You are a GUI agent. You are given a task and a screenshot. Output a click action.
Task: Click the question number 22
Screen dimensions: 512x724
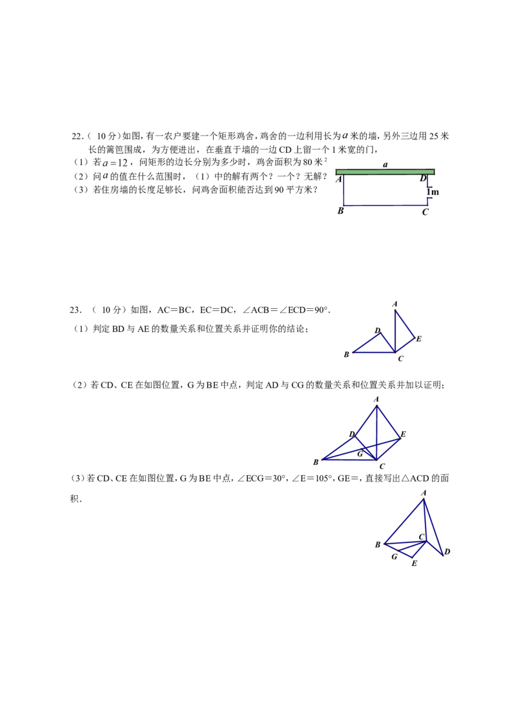[x=77, y=136]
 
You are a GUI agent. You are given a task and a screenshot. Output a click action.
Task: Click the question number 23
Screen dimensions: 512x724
[x=76, y=310]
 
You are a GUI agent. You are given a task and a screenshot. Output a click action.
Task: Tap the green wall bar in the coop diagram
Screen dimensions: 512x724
[x=385, y=172]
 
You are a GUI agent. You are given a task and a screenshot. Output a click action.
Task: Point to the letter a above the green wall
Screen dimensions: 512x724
[x=385, y=164]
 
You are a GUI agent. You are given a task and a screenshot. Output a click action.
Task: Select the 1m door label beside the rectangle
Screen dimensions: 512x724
[x=433, y=192]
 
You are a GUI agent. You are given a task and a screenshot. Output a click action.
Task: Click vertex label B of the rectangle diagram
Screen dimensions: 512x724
[x=340, y=211]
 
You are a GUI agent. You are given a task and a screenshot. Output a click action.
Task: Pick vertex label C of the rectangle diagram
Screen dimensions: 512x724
[x=425, y=212]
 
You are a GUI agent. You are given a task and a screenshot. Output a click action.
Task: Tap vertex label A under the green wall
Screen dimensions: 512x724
[x=339, y=179]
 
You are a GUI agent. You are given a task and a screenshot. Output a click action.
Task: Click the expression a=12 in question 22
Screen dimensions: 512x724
[x=115, y=162]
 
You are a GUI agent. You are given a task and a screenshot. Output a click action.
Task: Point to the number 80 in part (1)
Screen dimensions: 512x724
[x=308, y=162]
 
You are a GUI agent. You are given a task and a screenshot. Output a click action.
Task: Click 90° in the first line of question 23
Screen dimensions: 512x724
[x=322, y=310]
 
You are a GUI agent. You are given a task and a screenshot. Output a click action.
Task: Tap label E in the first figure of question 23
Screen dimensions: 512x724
[x=419, y=339]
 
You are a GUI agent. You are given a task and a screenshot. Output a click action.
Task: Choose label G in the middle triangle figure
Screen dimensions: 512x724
[x=360, y=454]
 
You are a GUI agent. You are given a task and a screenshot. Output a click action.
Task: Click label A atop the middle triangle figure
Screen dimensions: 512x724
[x=376, y=399]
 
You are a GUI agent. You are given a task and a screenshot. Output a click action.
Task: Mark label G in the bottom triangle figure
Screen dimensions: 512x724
[x=395, y=557]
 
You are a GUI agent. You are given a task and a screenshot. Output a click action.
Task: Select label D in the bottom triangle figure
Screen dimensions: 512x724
[x=447, y=552]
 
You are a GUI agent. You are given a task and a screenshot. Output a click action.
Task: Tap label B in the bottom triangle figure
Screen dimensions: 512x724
[x=378, y=545]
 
